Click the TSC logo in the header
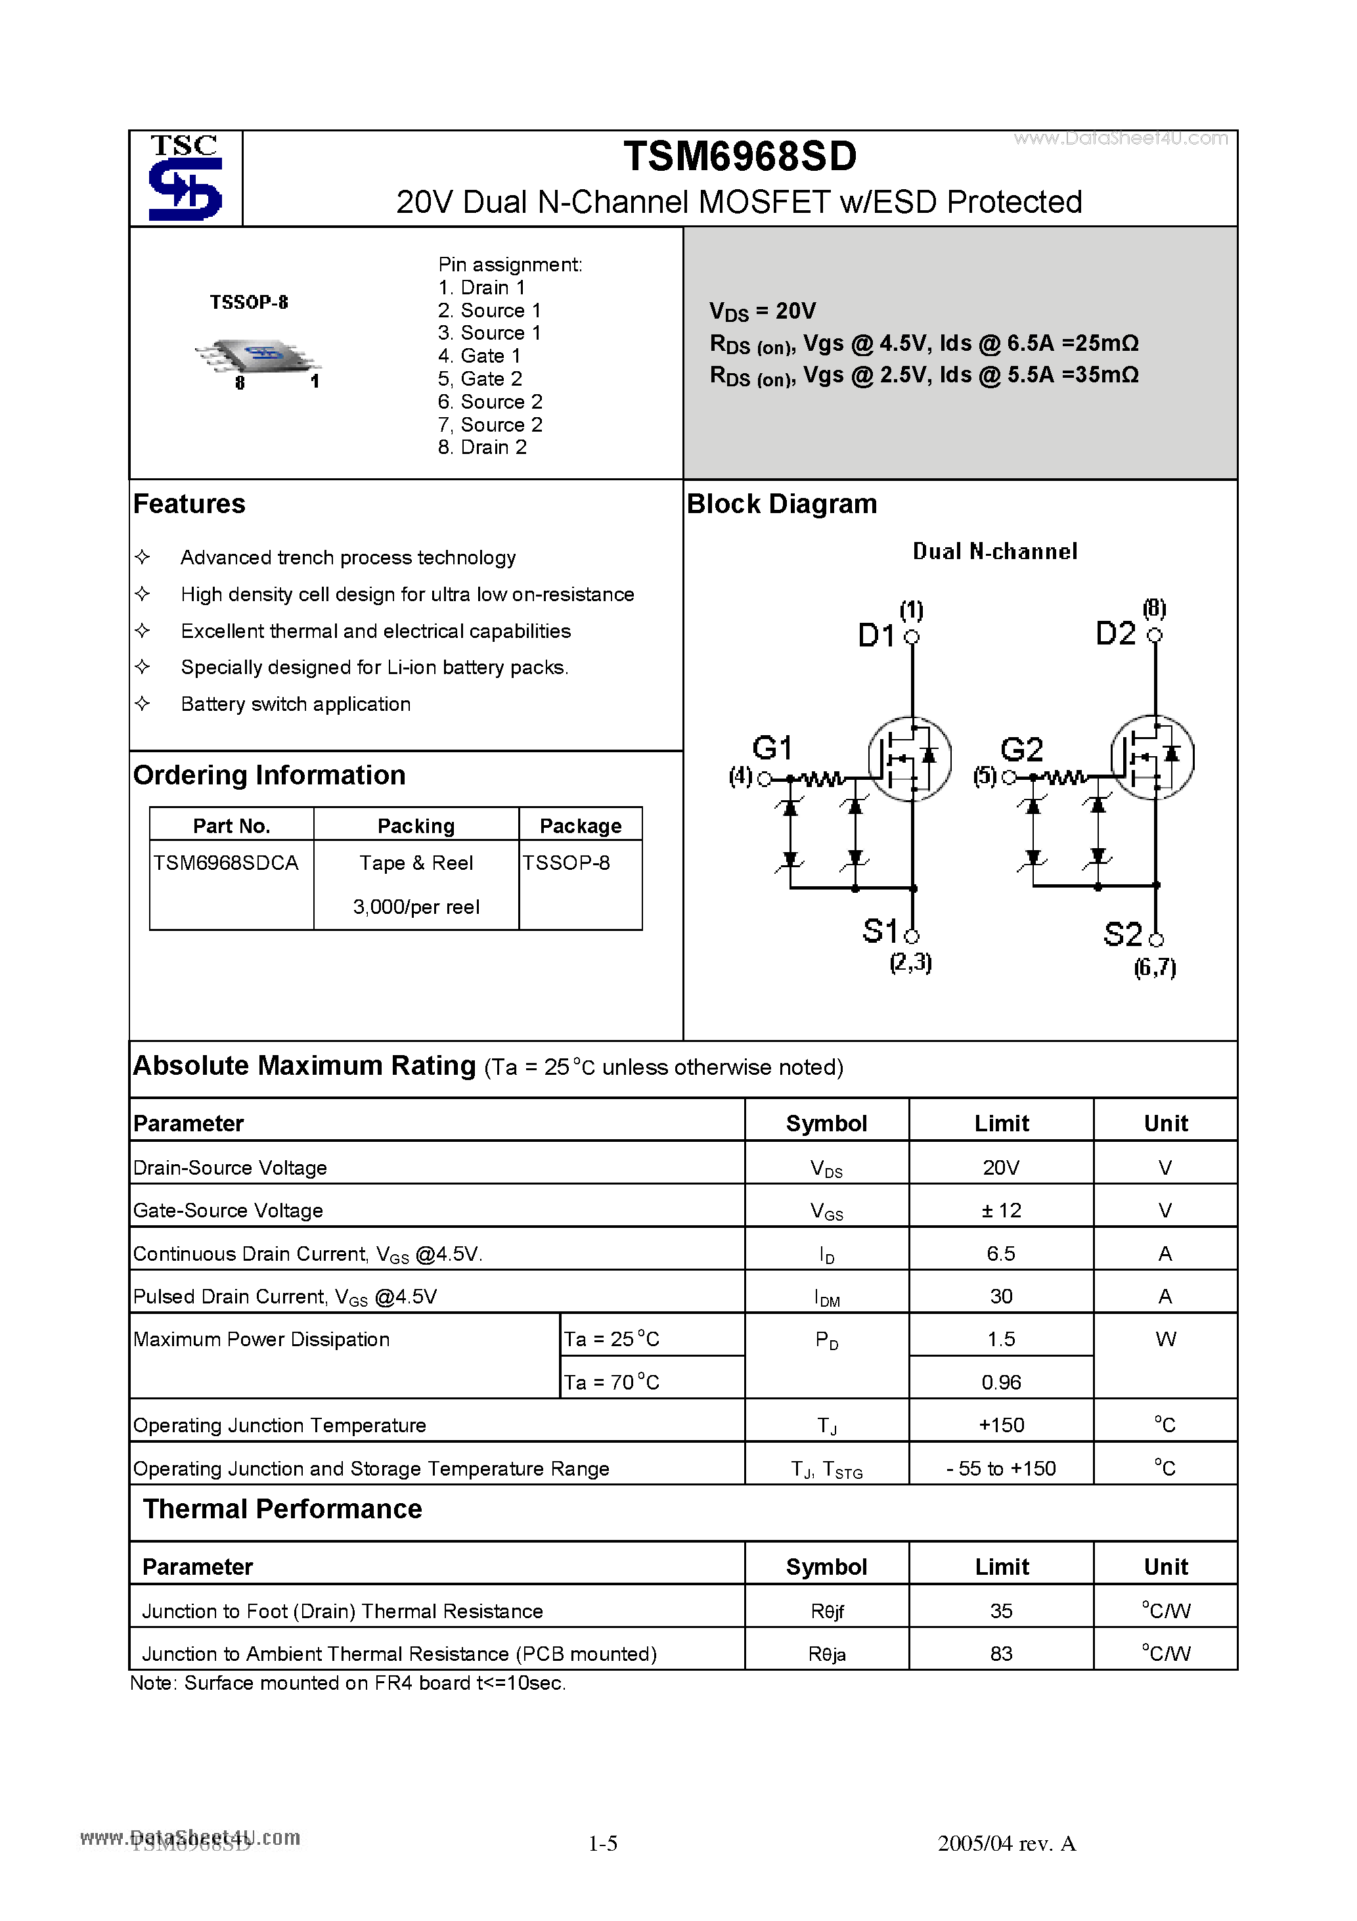pos(185,177)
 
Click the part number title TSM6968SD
pos(740,156)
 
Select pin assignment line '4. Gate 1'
pos(479,355)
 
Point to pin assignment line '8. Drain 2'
pos(482,447)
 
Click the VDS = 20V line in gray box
pos(762,311)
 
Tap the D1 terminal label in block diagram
pos(876,636)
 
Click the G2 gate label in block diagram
pos(1021,749)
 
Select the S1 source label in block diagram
pos(879,930)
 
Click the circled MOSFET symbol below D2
pos(1152,757)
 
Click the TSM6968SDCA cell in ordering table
pos(226,863)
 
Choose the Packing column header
pos(416,826)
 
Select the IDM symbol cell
pos(826,1297)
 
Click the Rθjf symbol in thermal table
pos(826,1611)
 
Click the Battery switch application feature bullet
pos(296,704)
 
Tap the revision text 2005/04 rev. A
pos(1006,1843)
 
